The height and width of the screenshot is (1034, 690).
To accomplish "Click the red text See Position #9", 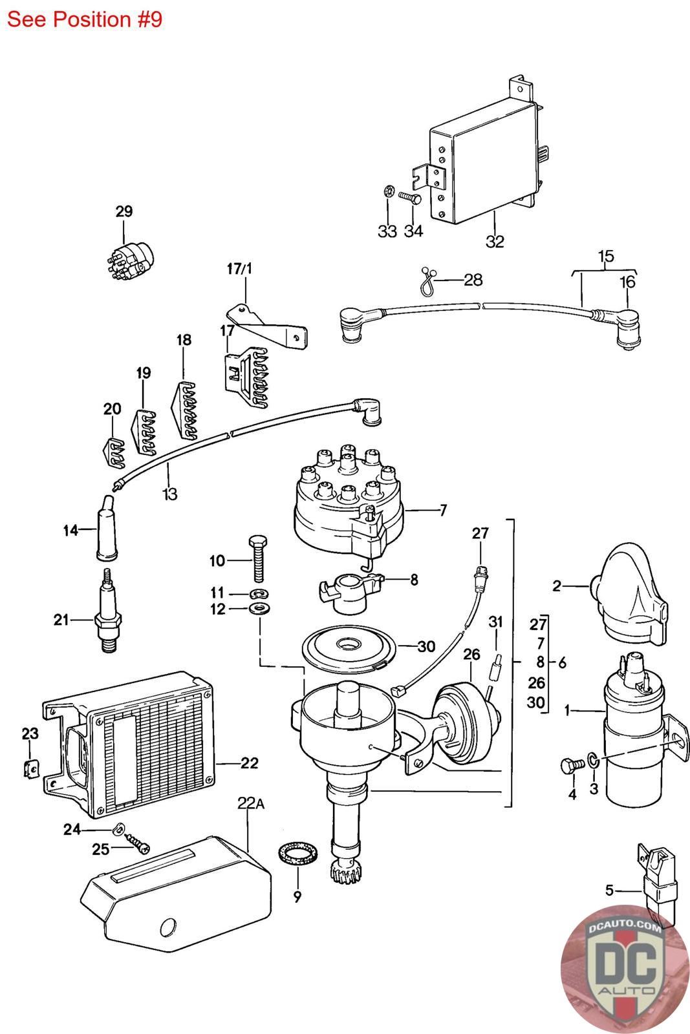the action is pyautogui.click(x=85, y=20).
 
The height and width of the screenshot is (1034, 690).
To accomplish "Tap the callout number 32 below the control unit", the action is pyautogui.click(x=495, y=241).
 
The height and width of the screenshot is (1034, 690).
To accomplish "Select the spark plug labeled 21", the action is pyautogui.click(x=108, y=610).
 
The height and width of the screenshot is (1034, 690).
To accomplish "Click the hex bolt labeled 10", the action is pyautogui.click(x=258, y=559).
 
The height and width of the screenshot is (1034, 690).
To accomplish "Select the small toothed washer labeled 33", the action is pyautogui.click(x=388, y=191).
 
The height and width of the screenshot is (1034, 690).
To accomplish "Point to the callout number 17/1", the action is pyautogui.click(x=239, y=269).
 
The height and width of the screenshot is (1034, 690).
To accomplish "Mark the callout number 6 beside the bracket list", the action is pyautogui.click(x=562, y=662).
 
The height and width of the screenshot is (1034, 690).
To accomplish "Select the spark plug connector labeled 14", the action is pyautogui.click(x=106, y=529).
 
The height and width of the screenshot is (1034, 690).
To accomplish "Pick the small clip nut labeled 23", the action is pyautogui.click(x=32, y=768).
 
